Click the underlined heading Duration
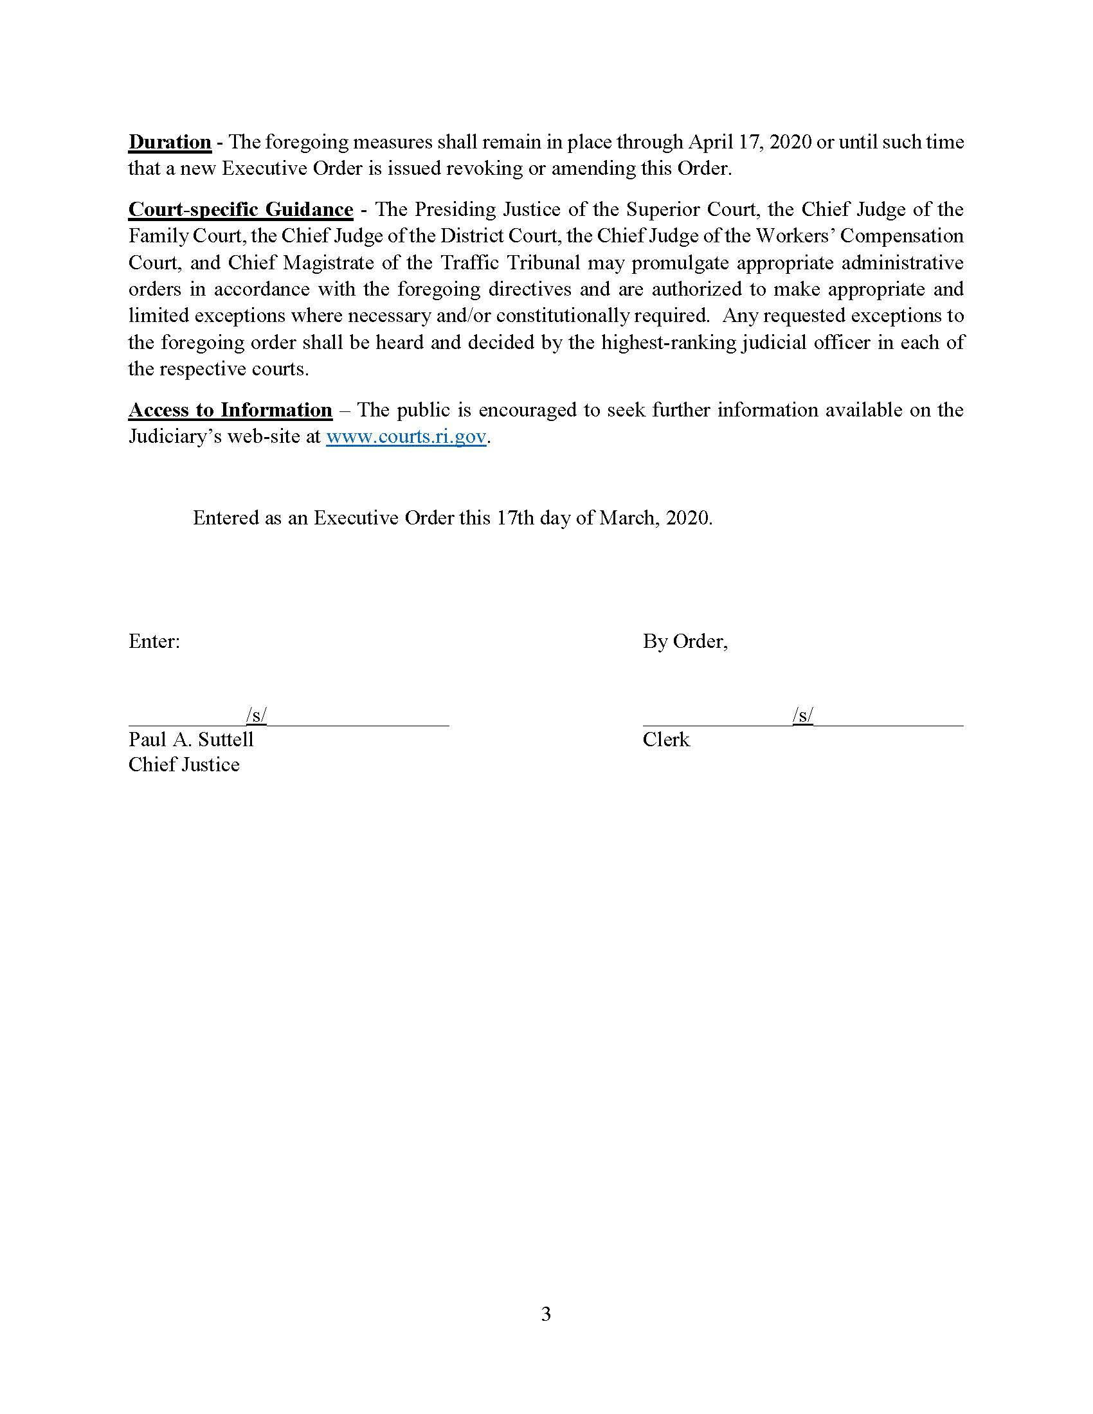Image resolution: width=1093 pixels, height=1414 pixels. pos(170,142)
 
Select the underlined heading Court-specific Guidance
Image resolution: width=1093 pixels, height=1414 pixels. pos(240,210)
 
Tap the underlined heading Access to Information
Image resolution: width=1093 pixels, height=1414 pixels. pos(230,410)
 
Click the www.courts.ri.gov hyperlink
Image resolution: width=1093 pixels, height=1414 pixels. pos(406,436)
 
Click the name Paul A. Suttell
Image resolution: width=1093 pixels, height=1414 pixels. pos(191,739)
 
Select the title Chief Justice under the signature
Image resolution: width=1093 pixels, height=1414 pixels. pos(184,765)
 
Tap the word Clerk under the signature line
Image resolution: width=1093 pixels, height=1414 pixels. pos(666,739)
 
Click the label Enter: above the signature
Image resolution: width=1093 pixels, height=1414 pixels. pos(154,641)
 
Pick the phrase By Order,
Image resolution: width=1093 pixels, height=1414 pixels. pos(685,641)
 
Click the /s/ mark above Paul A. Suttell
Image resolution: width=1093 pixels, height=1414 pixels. pos(257,715)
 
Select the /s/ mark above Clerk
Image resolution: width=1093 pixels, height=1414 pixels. pos(803,715)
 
